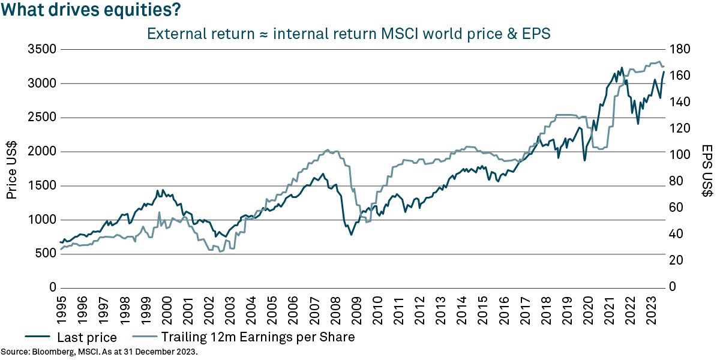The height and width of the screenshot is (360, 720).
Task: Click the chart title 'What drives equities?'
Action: coord(91,11)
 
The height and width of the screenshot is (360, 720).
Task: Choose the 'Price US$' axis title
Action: coord(13,169)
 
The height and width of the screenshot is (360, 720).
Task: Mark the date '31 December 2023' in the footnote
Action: coord(164,352)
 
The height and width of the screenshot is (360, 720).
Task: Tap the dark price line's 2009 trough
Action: coord(351,235)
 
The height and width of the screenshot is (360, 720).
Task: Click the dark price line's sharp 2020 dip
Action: coord(584,161)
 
